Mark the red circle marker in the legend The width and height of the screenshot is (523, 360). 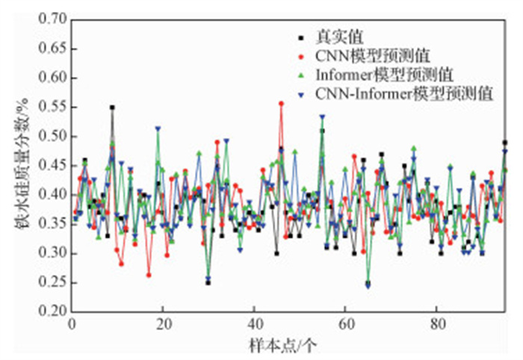[301, 55]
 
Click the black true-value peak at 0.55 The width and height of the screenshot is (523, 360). [112, 108]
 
